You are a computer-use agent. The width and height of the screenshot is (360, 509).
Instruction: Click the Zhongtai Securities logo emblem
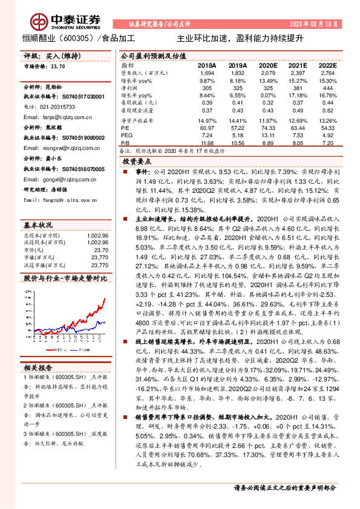pyautogui.click(x=40, y=21)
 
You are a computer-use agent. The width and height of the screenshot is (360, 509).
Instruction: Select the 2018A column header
pyautogui.click(x=206, y=65)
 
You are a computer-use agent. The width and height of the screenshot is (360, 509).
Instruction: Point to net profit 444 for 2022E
pyautogui.click(x=329, y=88)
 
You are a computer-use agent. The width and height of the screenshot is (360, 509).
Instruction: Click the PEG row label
pyautogui.click(x=126, y=136)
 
